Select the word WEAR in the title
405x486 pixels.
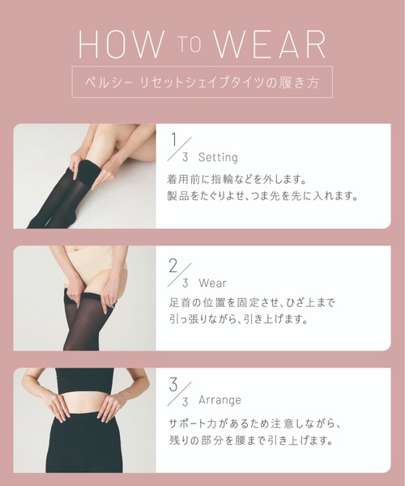(x=270, y=44)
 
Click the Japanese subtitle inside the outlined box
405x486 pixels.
(x=202, y=82)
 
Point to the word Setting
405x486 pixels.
(x=218, y=157)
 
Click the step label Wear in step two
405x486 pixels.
(x=212, y=283)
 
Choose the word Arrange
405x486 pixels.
(x=220, y=400)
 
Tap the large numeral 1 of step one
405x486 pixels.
(x=174, y=140)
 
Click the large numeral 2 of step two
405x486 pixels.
(x=173, y=266)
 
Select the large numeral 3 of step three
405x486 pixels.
(x=173, y=385)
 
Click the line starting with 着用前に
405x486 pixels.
(x=237, y=179)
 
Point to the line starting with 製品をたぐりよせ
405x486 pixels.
(x=262, y=195)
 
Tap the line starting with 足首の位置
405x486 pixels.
(x=252, y=302)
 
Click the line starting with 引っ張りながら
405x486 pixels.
(x=238, y=318)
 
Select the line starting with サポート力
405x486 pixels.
(x=254, y=424)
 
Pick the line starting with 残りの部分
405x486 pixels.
(x=251, y=440)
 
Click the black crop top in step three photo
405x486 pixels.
(x=84, y=380)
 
